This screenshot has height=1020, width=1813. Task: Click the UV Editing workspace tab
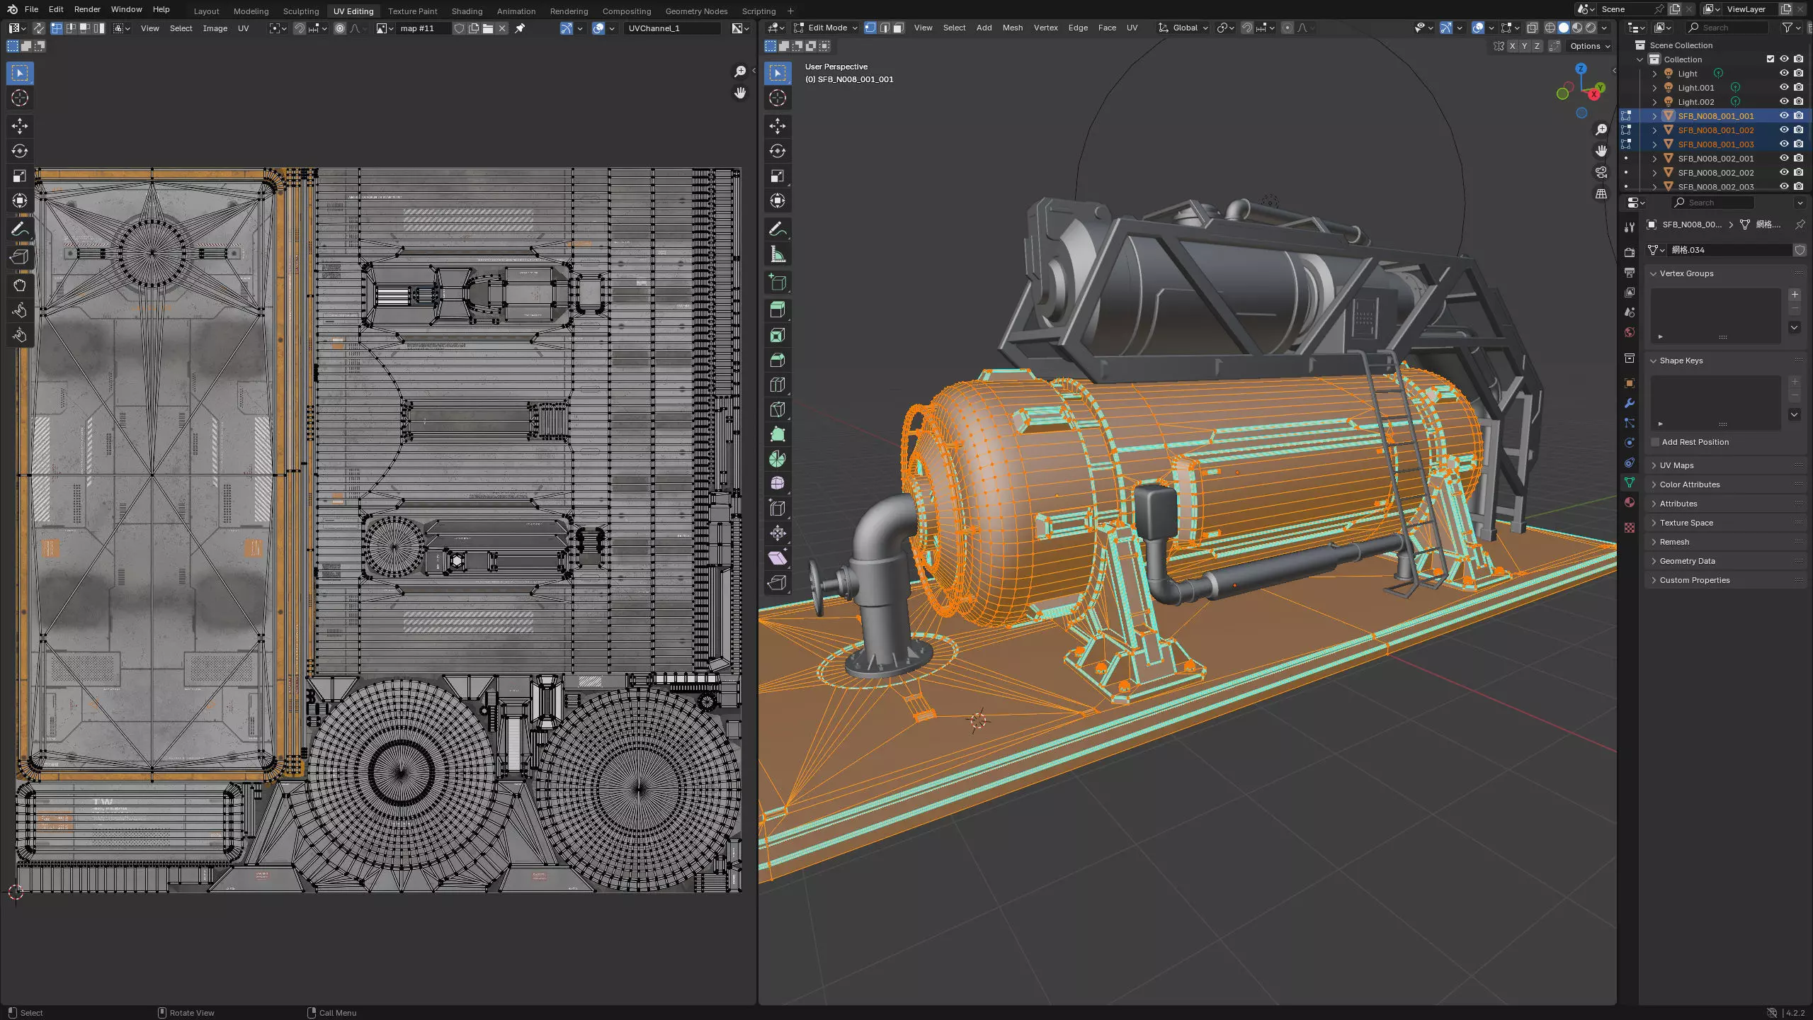pyautogui.click(x=353, y=11)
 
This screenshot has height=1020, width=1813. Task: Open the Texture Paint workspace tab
pyautogui.click(x=412, y=11)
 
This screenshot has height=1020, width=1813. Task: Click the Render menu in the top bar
pyautogui.click(x=87, y=9)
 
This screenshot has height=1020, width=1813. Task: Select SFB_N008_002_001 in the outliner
pyautogui.click(x=1715, y=159)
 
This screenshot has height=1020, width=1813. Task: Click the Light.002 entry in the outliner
pyautogui.click(x=1695, y=102)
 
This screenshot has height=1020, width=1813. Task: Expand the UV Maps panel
pyautogui.click(x=1676, y=465)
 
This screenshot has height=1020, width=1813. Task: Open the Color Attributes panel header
pyautogui.click(x=1689, y=484)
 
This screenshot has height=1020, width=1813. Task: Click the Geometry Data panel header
pyautogui.click(x=1687, y=561)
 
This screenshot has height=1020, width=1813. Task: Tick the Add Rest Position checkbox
pyautogui.click(x=1655, y=442)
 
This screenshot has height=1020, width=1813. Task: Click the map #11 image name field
pyautogui.click(x=422, y=28)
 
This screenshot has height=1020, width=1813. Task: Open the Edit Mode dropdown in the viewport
pyautogui.click(x=826, y=28)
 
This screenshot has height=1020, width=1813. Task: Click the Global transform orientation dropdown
pyautogui.click(x=1184, y=28)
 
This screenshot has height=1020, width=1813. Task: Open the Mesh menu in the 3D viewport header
pyautogui.click(x=1012, y=28)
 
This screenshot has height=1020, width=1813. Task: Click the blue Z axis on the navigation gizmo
pyautogui.click(x=1581, y=69)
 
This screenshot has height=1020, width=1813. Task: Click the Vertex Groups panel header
pyautogui.click(x=1686, y=273)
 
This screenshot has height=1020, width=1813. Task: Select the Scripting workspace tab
pyautogui.click(x=758, y=11)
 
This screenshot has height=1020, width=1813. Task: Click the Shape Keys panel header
pyautogui.click(x=1681, y=361)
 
